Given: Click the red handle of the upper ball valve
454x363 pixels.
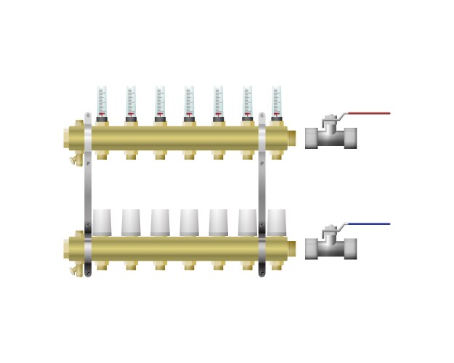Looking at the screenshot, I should pyautogui.click(x=368, y=113).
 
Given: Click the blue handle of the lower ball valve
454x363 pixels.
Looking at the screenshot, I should pyautogui.click(x=368, y=224).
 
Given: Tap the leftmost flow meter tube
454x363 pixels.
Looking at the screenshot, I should pyautogui.click(x=102, y=100).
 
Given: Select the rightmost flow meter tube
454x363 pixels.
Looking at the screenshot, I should pyautogui.click(x=276, y=100).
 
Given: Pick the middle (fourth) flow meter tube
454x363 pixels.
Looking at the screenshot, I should pyautogui.click(x=189, y=100).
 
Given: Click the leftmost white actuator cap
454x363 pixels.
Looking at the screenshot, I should pyautogui.click(x=102, y=221).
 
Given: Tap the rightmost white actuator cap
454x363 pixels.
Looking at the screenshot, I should pyautogui.click(x=276, y=221).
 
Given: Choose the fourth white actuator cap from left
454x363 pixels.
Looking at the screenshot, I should pyautogui.click(x=189, y=221).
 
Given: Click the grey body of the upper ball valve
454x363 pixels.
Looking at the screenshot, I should pyautogui.click(x=331, y=138).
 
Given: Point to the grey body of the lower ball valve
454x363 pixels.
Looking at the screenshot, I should pyautogui.click(x=331, y=248).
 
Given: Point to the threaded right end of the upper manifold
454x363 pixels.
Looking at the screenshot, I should pyautogui.click(x=291, y=137).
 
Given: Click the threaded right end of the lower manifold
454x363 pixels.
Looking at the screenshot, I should pyautogui.click(x=291, y=248).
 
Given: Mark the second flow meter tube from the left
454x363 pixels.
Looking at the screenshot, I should pyautogui.click(x=131, y=100).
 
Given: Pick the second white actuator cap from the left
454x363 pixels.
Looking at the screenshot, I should pyautogui.click(x=131, y=221).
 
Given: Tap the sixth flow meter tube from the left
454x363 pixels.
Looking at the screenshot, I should pyautogui.click(x=247, y=100).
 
